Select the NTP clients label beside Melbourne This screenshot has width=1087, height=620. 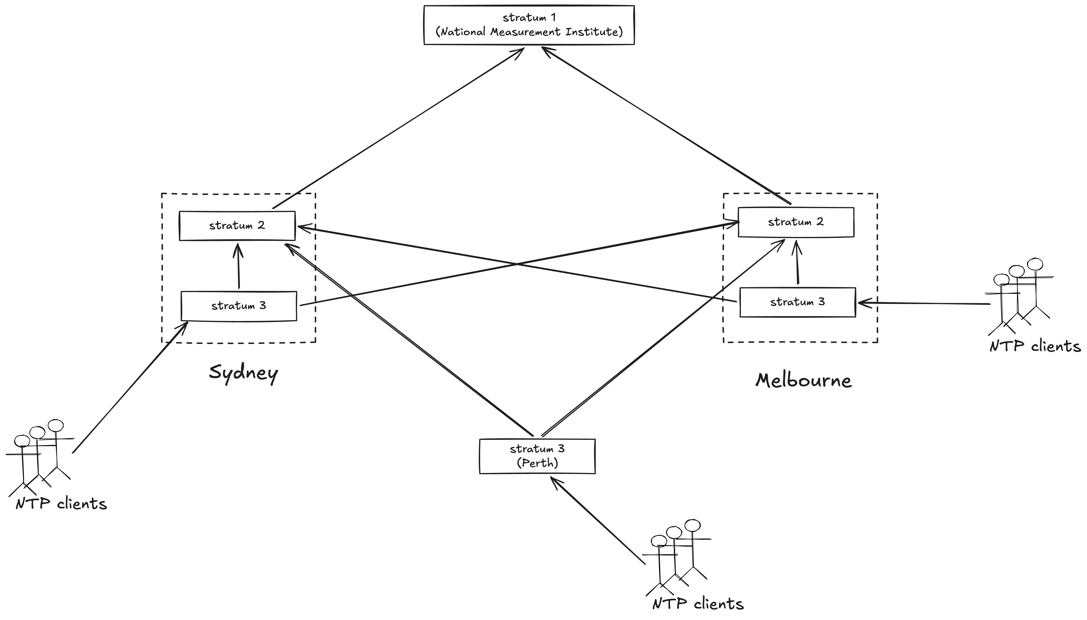pyautogui.click(x=1035, y=346)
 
